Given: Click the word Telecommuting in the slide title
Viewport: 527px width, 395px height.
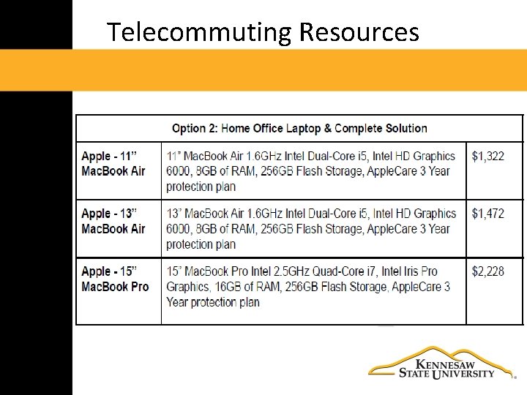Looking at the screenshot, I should [x=199, y=32].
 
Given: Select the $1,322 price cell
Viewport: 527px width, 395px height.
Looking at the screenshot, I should [x=487, y=156].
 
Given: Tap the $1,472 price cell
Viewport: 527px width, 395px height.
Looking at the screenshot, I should [x=487, y=214].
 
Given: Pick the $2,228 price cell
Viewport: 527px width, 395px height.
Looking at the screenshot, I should [x=487, y=271].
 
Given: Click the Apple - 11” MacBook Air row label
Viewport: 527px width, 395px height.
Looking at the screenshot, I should [x=113, y=163].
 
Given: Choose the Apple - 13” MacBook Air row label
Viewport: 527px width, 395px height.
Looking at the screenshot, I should [x=113, y=221].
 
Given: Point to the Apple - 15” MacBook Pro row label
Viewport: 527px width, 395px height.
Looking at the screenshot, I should [x=115, y=279].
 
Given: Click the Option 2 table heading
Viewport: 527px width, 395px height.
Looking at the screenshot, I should [x=299, y=128].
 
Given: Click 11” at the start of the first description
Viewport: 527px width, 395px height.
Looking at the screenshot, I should [x=173, y=156].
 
